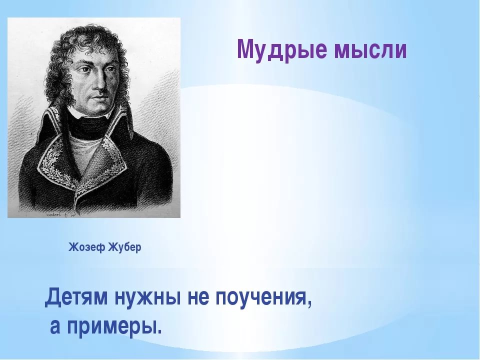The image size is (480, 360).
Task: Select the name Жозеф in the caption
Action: pyautogui.click(x=87, y=247)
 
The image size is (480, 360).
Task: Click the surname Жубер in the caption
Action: pyautogui.click(x=125, y=246)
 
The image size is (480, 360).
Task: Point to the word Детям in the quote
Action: pyautogui.click(x=76, y=297)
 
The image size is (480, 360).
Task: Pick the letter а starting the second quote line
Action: pyautogui.click(x=55, y=326)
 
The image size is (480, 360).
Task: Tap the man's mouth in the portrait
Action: pyautogui.click(x=98, y=98)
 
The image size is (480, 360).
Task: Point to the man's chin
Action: pyautogui.click(x=99, y=108)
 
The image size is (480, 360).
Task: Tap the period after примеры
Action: pyautogui.click(x=158, y=332)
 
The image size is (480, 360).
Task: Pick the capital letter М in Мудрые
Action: pyautogui.click(x=246, y=49)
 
